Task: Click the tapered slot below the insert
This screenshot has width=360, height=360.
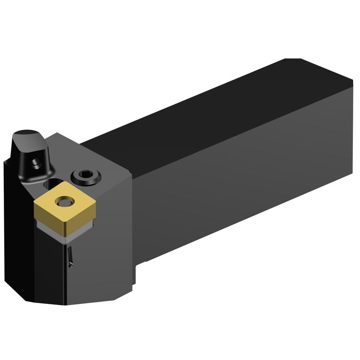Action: point(71,256)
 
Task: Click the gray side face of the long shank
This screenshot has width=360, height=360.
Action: point(244,169)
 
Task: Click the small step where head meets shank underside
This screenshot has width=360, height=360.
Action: point(140,270)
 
